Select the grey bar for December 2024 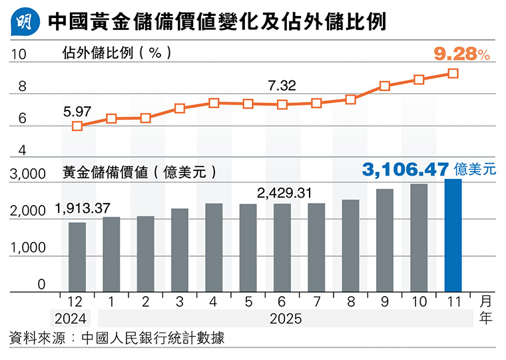pos(77,256)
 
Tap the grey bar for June pos(282,247)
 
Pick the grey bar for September pos(384,240)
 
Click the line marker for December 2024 pos(77,126)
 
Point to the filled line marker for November pos(453,73)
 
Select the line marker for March pos(180,108)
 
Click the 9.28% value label pos(461,55)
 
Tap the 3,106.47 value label pos(405,170)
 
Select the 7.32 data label pos(282,85)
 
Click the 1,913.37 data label pos(83,208)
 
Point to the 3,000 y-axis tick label pos(27,174)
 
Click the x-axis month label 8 pos(350,301)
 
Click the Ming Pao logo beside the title pos(25,23)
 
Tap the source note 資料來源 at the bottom pos(116,339)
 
